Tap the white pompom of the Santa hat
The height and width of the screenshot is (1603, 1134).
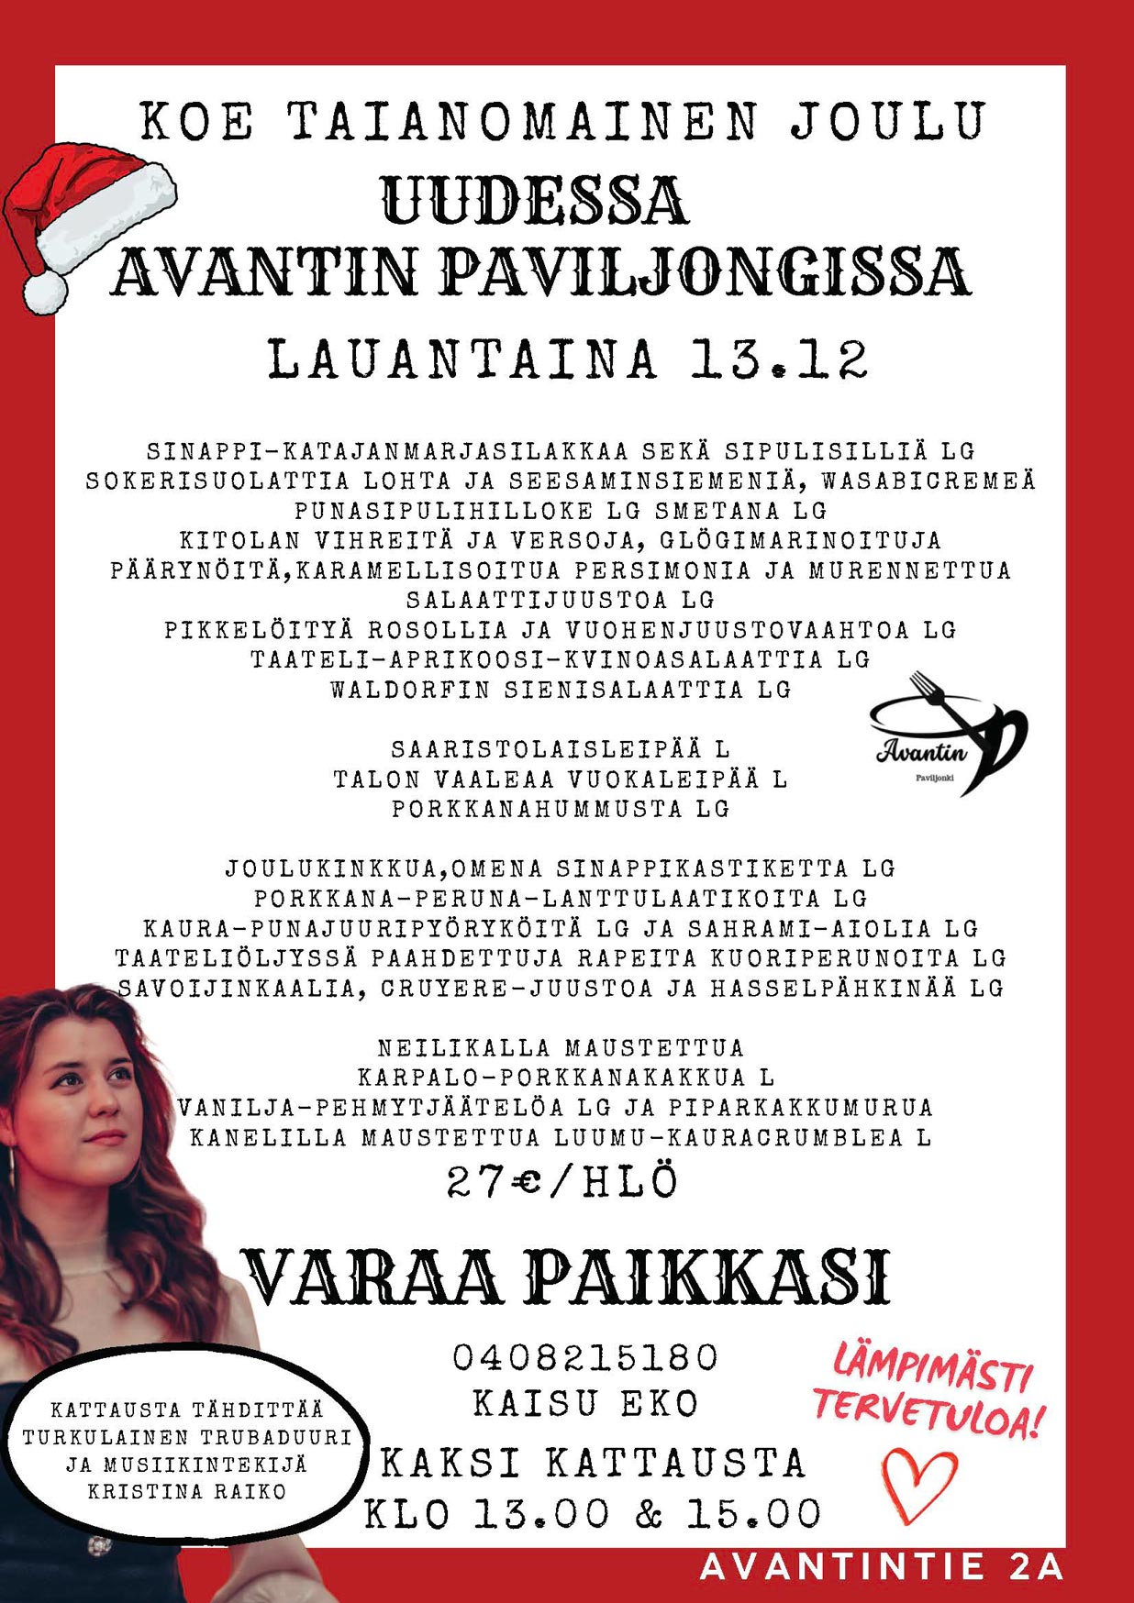[44, 293]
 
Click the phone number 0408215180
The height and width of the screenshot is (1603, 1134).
[585, 1357]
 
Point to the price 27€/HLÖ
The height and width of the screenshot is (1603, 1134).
[562, 1182]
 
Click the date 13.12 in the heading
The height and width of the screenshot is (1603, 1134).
[779, 359]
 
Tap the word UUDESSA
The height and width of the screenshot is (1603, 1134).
[535, 201]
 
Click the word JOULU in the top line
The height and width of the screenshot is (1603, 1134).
[888, 121]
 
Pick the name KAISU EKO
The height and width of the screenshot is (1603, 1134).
[585, 1404]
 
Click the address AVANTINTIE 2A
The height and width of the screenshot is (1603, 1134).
[882, 1566]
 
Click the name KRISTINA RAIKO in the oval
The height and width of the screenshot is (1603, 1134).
[187, 1491]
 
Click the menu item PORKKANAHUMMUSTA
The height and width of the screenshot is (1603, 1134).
[538, 809]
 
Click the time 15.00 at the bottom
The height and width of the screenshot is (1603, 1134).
[754, 1514]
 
